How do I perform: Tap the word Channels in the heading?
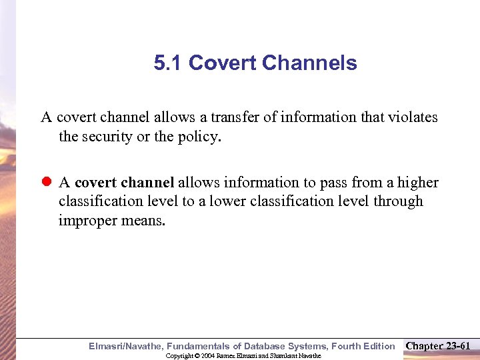point(309,63)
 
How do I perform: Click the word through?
point(399,201)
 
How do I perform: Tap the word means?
point(143,221)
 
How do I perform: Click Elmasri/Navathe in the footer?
point(126,346)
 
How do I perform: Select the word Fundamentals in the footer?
point(199,346)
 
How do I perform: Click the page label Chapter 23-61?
point(438,345)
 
